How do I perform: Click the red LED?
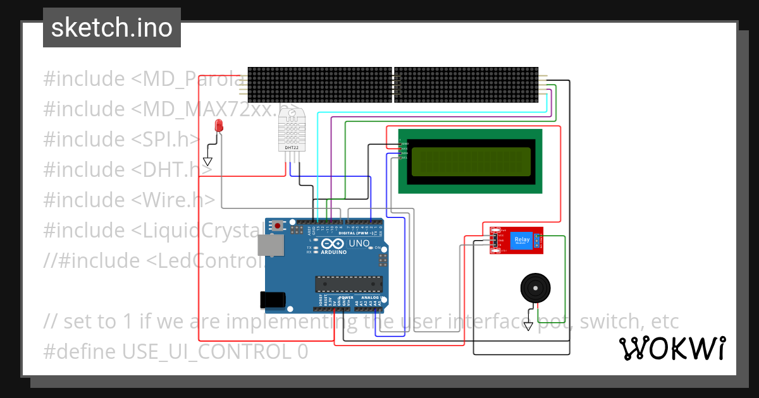tap(219, 125)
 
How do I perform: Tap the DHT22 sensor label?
tap(291, 148)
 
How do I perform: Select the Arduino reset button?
tap(278, 225)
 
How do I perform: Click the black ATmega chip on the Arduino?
tap(349, 285)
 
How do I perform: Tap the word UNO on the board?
tap(359, 243)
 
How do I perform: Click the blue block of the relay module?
tap(522, 241)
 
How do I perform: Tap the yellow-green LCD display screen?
tap(471, 162)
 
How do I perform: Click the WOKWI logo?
tap(672, 348)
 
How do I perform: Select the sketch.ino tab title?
tap(112, 28)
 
